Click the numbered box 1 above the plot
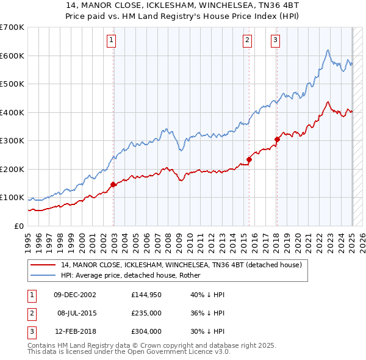tap(113, 41)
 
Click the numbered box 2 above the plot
tap(248, 41)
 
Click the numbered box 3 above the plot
tap(276, 41)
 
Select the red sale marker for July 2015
tap(249, 159)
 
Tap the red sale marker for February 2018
tap(277, 139)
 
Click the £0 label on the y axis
tap(20, 226)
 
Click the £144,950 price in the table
tap(146, 295)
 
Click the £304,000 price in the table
tap(146, 332)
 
